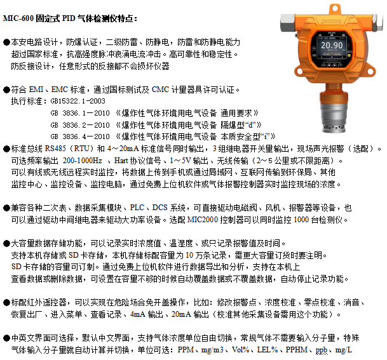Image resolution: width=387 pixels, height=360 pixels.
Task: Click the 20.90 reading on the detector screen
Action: point(331,46)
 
